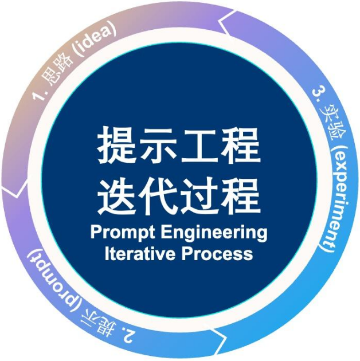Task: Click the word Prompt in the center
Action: point(123,233)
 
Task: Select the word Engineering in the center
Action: point(214,233)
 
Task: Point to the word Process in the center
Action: point(217,254)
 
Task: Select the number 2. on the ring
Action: point(126,335)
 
